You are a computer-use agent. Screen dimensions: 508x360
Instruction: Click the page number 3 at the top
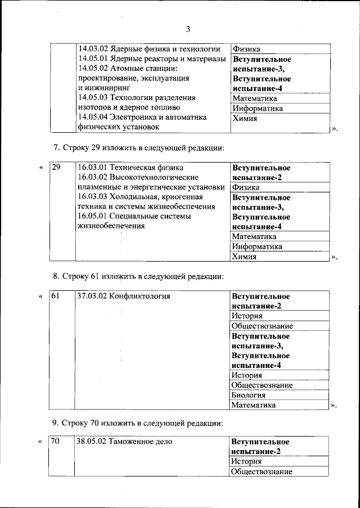point(188,29)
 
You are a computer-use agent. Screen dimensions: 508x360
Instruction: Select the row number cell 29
point(56,168)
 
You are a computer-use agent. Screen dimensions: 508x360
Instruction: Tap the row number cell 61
point(56,296)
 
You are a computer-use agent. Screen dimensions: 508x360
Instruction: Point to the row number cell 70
point(55,442)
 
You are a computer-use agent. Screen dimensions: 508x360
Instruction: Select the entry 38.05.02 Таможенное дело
point(124,442)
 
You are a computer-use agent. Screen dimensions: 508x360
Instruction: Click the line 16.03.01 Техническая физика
point(131,168)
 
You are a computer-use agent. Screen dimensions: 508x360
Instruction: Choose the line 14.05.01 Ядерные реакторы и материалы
point(152,59)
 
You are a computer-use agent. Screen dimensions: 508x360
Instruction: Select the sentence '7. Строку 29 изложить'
point(139,148)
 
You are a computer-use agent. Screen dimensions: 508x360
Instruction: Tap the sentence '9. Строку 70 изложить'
point(139,422)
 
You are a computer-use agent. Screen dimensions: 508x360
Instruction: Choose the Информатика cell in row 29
point(257,246)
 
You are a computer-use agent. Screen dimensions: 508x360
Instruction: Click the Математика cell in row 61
point(254,404)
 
